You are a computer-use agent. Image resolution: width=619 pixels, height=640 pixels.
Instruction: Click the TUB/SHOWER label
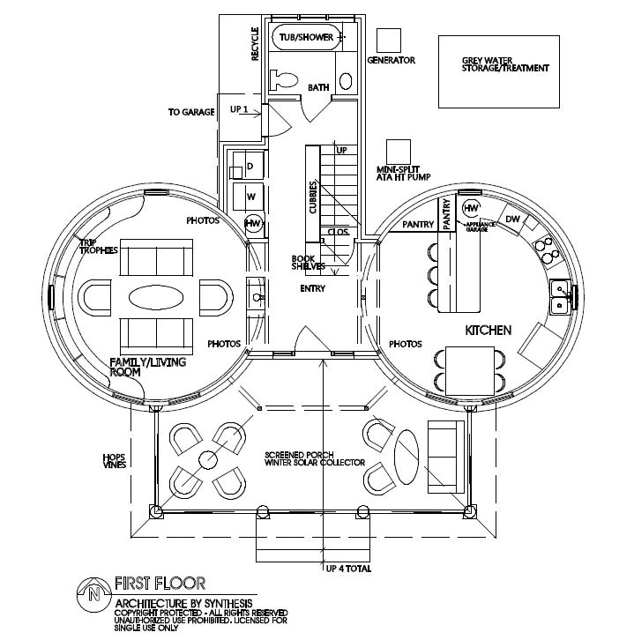point(305,37)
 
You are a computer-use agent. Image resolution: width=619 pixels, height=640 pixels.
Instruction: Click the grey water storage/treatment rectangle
point(499,71)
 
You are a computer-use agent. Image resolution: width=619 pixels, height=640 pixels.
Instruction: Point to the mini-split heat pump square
point(399,151)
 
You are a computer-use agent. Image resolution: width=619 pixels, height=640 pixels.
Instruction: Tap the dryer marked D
point(250,166)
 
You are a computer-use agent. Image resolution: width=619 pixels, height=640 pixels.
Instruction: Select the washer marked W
point(250,196)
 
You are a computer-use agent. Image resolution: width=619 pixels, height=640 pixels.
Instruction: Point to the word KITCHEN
point(488,330)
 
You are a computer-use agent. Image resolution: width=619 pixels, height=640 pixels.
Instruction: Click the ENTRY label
point(313,288)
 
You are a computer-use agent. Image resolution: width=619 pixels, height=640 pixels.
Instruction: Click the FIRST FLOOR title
point(160,583)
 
